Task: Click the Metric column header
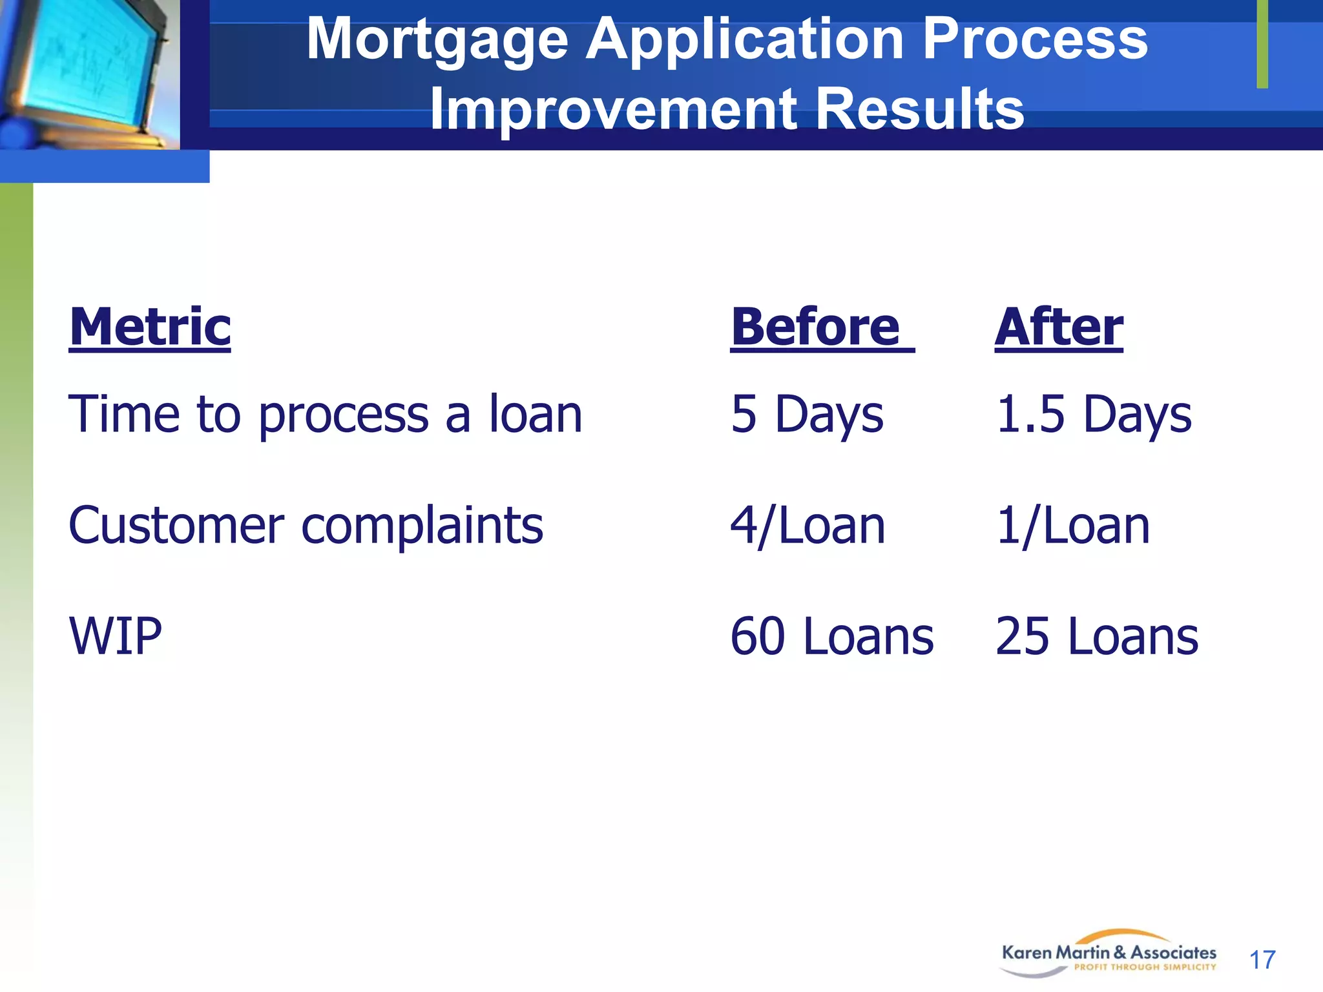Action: tap(150, 327)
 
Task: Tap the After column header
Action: tap(1059, 327)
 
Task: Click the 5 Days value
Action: tap(807, 415)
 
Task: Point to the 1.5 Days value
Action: tap(1094, 415)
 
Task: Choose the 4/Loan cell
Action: tap(807, 526)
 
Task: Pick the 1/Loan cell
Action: tap(1073, 526)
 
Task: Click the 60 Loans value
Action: tap(832, 637)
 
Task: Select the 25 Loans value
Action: tap(1097, 637)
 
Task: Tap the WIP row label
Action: tap(116, 637)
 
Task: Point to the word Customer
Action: tap(176, 526)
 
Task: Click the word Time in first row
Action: tap(123, 415)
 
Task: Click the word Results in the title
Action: tap(919, 108)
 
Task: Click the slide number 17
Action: tap(1262, 960)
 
